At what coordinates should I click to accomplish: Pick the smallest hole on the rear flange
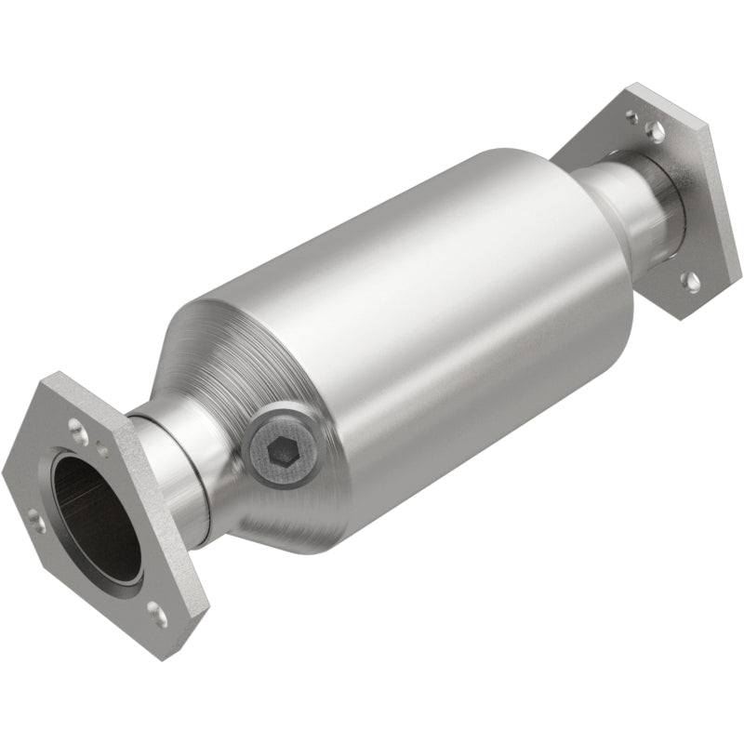[633, 118]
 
